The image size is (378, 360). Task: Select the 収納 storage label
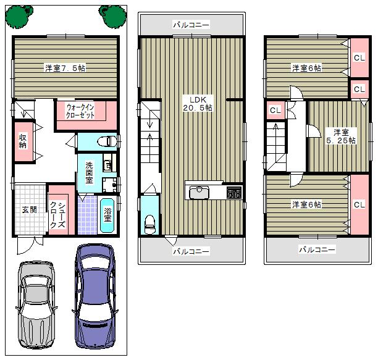click(x=22, y=141)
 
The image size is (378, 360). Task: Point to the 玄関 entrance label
click(x=29, y=209)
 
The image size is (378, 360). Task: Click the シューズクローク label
click(x=57, y=215)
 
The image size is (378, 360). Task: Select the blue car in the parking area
click(x=95, y=295)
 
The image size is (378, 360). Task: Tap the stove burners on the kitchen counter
click(x=234, y=193)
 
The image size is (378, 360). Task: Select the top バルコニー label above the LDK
click(x=191, y=25)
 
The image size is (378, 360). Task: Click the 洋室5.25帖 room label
click(x=341, y=136)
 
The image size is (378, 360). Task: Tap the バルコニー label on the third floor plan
click(x=317, y=250)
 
